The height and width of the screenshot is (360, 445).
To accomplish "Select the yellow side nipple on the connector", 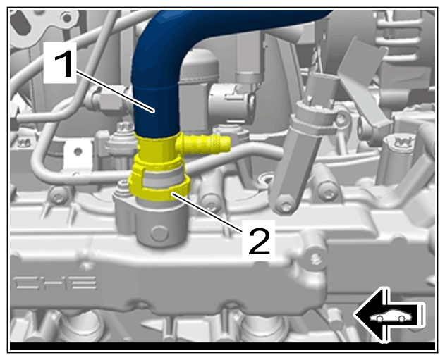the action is tap(205, 142).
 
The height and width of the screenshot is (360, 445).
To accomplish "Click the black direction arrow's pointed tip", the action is tap(355, 315).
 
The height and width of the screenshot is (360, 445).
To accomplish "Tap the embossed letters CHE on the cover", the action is tap(54, 283).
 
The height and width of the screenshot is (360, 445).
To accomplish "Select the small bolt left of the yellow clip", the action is tap(123, 186).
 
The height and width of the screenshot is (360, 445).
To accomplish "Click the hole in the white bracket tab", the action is tap(77, 151).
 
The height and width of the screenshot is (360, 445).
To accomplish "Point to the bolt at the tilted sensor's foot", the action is tap(285, 206).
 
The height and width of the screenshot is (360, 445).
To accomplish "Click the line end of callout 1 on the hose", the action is tap(154, 112).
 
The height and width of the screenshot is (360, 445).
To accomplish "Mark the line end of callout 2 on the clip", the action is tap(172, 194).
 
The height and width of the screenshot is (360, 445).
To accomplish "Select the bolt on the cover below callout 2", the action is tap(315, 259).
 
